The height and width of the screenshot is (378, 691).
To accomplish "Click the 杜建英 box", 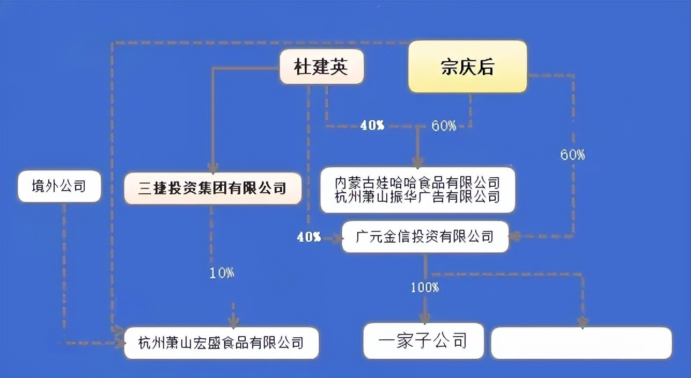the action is (322, 67).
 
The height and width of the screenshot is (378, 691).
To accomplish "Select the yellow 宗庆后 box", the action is (468, 67).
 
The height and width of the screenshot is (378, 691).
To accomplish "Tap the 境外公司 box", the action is (59, 186).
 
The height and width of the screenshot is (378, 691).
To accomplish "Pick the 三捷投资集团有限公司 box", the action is (212, 188).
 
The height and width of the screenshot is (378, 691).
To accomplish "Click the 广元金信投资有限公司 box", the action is (425, 237).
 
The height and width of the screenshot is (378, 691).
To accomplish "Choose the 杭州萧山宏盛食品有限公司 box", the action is (221, 343).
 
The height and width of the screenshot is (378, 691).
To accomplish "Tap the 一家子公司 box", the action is (423, 341).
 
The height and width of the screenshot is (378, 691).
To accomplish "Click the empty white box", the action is (582, 343).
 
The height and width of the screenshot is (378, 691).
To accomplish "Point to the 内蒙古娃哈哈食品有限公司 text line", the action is (417, 183).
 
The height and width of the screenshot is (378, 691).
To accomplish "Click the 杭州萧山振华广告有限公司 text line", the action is (417, 197).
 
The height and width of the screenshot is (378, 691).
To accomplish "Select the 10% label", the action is (222, 273).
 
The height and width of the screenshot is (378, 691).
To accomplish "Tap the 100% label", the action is (425, 287).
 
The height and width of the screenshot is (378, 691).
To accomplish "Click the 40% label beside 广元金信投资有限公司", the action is (309, 237).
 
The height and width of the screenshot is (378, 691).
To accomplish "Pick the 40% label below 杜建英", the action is (372, 125).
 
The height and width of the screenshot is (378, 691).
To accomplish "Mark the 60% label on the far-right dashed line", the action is (572, 155).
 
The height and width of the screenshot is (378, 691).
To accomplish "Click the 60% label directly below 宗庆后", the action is (444, 126).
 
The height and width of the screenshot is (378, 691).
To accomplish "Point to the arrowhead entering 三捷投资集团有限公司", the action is (212, 168).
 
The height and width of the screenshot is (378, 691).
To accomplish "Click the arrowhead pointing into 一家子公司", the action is (425, 318).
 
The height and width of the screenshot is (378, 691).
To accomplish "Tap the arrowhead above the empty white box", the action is (583, 322).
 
